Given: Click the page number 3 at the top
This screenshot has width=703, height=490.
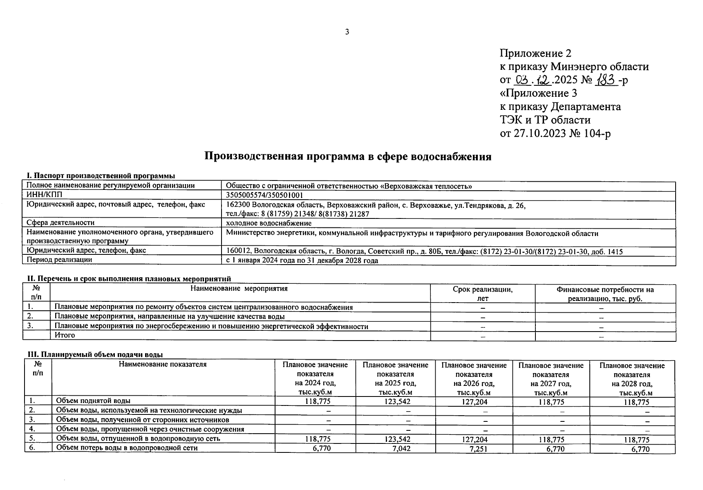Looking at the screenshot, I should click(x=347, y=32).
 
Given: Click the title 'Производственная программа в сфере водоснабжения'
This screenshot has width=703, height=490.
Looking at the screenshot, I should click(x=347, y=157).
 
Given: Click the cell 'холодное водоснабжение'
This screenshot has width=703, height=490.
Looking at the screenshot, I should click(x=269, y=223).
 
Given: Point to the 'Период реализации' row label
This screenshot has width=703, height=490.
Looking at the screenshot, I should click(x=59, y=260).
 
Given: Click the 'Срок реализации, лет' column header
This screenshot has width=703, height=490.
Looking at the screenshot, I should click(x=482, y=294).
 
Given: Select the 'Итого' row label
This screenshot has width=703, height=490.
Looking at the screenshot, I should click(x=65, y=335).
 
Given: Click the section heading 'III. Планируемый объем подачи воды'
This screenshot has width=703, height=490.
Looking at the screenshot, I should click(x=98, y=354).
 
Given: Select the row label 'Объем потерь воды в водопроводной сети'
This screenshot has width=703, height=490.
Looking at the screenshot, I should click(x=127, y=448).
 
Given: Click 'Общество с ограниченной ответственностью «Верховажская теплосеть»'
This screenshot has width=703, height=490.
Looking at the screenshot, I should click(x=349, y=186).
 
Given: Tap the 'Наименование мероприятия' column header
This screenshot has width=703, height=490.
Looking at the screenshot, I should click(x=239, y=289).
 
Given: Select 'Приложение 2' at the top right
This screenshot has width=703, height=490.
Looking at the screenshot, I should click(x=535, y=53).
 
